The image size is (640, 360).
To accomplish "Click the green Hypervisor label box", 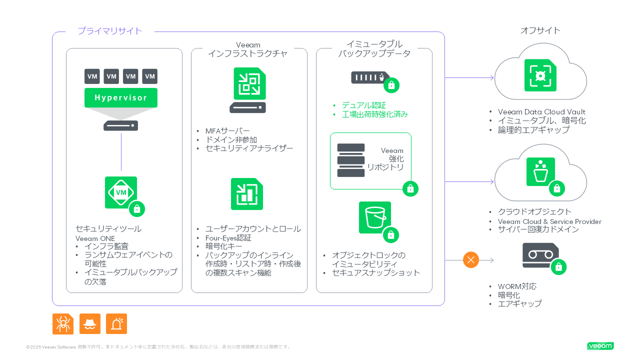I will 120,97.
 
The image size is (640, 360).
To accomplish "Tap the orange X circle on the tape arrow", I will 471,260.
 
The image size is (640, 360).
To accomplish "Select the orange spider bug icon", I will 63,324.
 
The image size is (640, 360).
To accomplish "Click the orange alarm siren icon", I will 116,324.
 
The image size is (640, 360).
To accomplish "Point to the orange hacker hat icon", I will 90,324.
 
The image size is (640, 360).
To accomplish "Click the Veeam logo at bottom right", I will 600,346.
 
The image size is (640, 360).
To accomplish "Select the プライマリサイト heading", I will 110,31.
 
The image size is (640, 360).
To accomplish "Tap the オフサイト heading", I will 540,30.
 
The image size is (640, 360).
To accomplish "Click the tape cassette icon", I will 540,255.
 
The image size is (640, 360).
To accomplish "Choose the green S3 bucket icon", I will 374,217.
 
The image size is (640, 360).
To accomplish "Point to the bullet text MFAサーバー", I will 227,131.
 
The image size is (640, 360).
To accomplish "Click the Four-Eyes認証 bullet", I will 228,238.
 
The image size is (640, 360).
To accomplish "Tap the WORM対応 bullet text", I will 517,286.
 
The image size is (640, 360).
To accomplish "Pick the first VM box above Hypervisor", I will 92,76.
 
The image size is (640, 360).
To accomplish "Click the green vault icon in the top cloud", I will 540,75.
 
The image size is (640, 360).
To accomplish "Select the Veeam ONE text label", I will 95,238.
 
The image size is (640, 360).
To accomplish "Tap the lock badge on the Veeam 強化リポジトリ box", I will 410,188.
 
